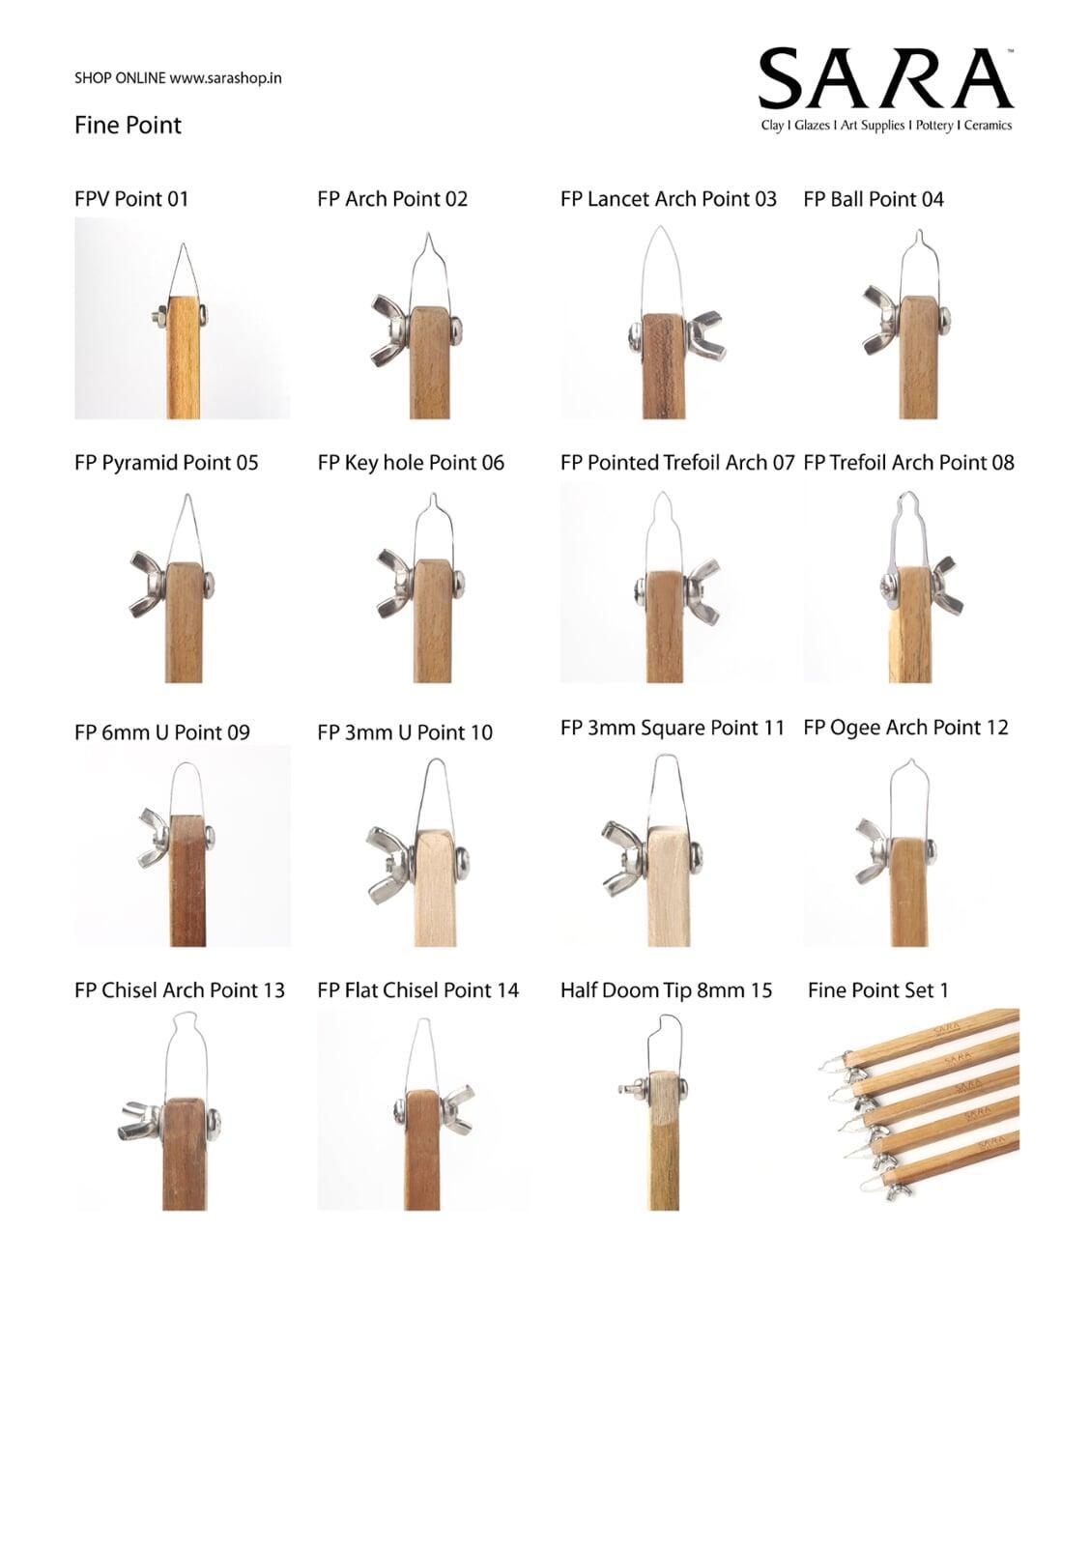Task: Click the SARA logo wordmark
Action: click(886, 78)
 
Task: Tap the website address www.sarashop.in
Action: click(225, 78)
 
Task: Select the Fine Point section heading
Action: click(128, 125)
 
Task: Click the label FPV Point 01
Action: click(131, 199)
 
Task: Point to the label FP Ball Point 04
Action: click(874, 199)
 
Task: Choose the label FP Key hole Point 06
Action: click(411, 463)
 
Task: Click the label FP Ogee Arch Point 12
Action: click(905, 728)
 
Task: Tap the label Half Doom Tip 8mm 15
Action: click(666, 990)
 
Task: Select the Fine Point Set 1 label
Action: click(878, 990)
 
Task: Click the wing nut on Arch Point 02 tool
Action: click(390, 329)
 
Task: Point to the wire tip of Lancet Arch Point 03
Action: click(660, 228)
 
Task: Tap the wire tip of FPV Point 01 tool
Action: click(183, 245)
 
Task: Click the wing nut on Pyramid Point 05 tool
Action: click(148, 584)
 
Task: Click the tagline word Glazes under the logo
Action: click(812, 126)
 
